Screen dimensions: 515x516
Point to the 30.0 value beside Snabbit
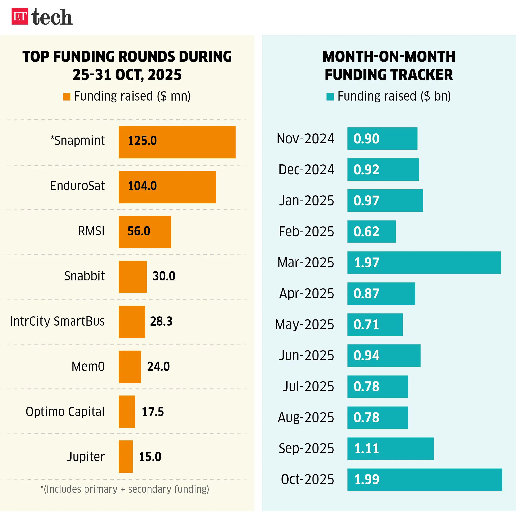pyautogui.click(x=164, y=276)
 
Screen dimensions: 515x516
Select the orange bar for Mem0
pyautogui.click(x=130, y=367)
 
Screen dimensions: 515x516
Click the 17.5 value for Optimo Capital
pyautogui.click(x=153, y=412)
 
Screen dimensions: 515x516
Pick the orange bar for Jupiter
pyautogui.click(x=125, y=457)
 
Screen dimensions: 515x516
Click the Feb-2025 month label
pyautogui.click(x=306, y=232)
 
